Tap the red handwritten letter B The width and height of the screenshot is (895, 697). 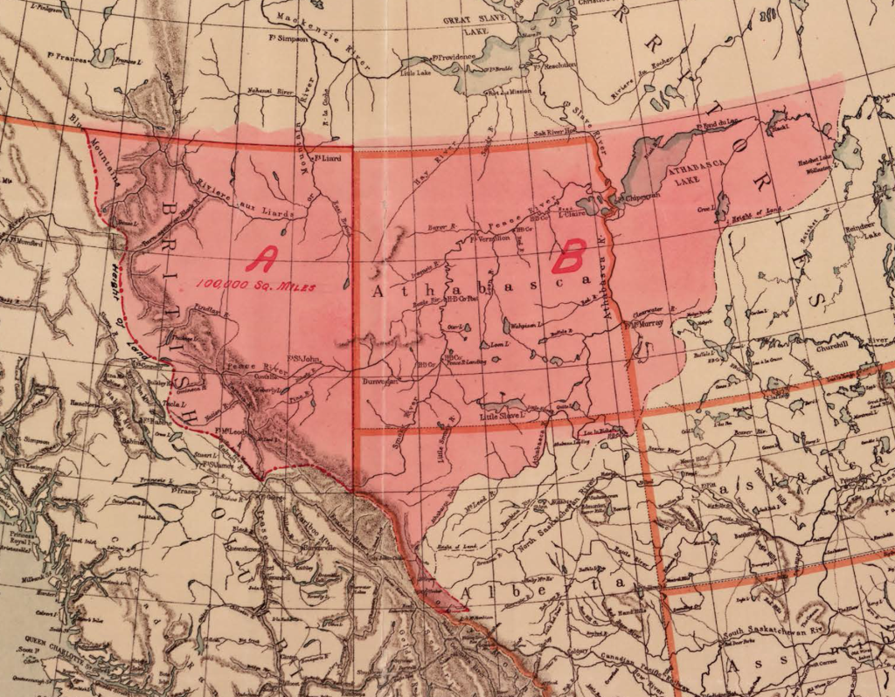coord(568,258)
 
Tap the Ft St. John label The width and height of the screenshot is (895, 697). coord(304,355)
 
